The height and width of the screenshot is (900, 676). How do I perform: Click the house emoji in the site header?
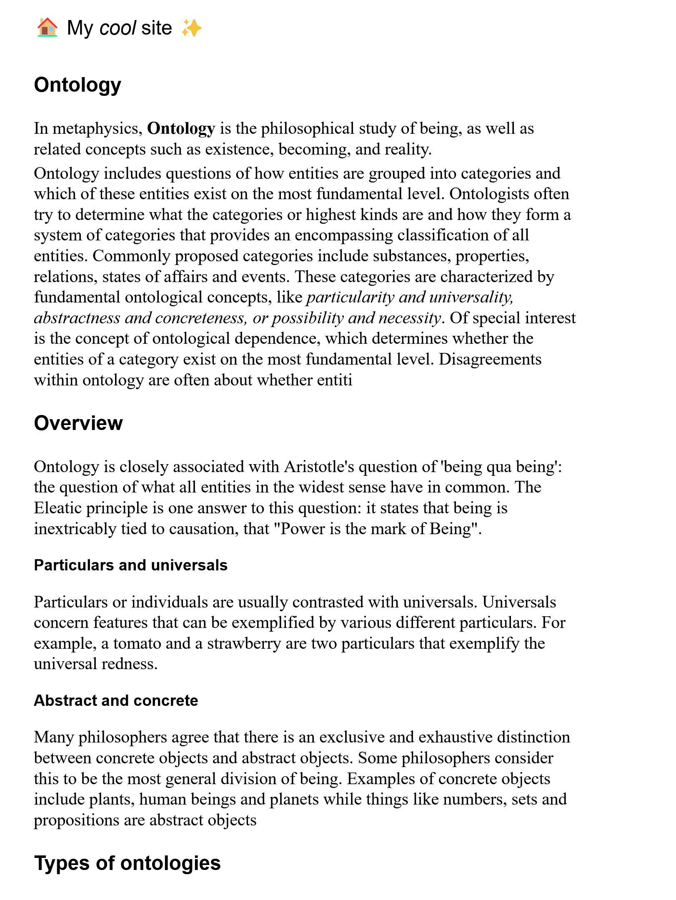(x=47, y=28)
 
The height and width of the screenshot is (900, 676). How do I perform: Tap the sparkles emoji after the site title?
(x=192, y=28)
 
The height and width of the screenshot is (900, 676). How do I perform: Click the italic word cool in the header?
(x=118, y=28)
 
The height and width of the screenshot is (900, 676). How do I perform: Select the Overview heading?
(x=78, y=423)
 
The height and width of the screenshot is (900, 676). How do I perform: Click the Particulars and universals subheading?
(x=130, y=565)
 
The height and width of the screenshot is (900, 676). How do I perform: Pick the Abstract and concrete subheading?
(x=116, y=700)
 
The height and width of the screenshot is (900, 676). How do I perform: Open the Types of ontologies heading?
(x=127, y=863)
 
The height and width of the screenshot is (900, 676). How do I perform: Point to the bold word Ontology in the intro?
(x=181, y=128)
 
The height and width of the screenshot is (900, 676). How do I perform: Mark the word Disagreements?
(x=490, y=359)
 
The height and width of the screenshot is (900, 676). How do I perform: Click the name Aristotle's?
(x=319, y=467)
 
